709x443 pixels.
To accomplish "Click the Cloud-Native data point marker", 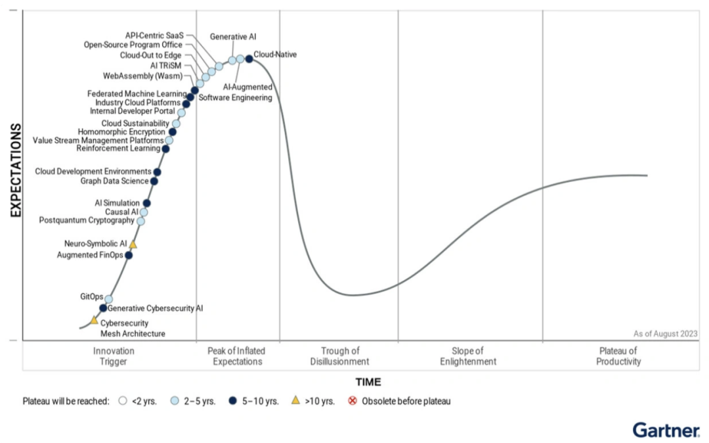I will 249,59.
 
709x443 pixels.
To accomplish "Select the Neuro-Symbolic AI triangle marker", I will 133,245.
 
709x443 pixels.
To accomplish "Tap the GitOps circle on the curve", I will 109,299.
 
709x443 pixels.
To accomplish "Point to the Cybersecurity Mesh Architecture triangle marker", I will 95,320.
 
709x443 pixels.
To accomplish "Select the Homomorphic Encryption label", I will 121,131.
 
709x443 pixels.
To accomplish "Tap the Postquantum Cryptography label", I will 87,220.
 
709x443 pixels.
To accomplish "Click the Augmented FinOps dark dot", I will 129,255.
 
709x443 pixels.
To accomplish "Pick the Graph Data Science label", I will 114,181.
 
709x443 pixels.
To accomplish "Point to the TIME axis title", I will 368,382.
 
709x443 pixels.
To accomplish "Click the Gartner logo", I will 666,431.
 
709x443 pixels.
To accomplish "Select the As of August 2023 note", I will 665,333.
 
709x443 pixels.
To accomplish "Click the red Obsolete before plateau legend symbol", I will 353,401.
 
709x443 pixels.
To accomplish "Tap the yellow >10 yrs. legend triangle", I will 295,400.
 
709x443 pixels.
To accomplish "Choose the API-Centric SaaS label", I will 155,34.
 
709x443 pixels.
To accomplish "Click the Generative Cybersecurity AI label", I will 155,308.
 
